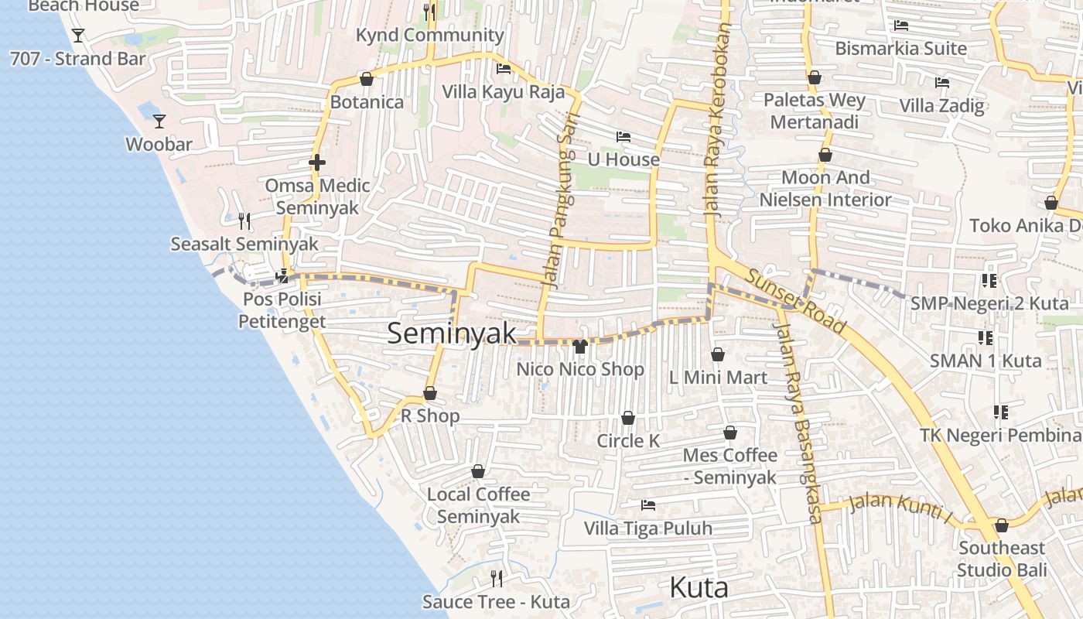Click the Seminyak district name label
click(451, 333)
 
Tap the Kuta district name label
click(699, 588)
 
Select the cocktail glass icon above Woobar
click(159, 121)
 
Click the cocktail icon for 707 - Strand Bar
click(77, 36)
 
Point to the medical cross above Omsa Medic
click(316, 162)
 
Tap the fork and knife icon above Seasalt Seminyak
click(244, 221)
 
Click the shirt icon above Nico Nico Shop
click(580, 346)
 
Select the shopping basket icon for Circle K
click(627, 419)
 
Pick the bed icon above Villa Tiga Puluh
click(648, 505)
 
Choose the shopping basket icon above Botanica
click(367, 80)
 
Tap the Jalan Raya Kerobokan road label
click(719, 120)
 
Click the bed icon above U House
click(623, 137)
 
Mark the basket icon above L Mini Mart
click(717, 354)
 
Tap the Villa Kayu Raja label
click(504, 92)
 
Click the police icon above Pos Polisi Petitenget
click(282, 275)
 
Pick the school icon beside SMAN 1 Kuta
click(986, 337)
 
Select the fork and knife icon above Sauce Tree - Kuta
click(497, 578)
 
